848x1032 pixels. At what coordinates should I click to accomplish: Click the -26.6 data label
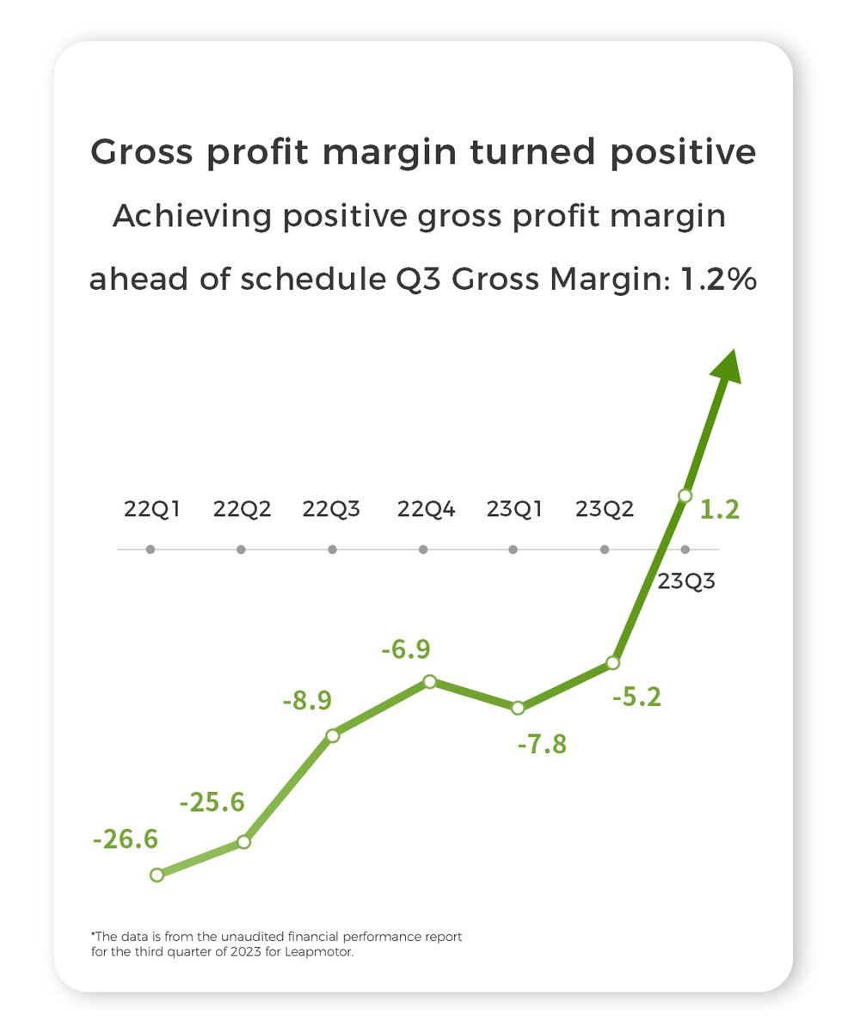coord(126,838)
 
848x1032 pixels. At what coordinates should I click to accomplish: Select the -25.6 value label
coord(212,802)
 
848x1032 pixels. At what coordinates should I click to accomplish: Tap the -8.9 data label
coord(307,701)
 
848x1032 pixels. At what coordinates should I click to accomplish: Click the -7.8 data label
coord(543,744)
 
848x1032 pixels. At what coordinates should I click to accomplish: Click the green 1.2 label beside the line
coord(720,510)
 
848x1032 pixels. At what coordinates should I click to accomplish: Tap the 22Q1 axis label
coord(152,509)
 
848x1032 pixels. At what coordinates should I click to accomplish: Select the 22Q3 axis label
coord(331,509)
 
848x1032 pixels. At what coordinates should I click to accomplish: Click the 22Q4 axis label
coord(426,509)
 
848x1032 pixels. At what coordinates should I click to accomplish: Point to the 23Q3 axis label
coord(687,580)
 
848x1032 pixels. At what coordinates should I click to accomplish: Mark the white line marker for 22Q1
coord(157,875)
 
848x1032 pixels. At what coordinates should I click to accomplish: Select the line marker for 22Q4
coord(430,681)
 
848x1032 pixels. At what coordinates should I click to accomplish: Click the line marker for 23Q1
coord(518,708)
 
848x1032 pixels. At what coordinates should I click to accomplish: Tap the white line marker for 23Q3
coord(685,495)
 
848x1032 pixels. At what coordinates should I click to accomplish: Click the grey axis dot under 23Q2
coord(605,550)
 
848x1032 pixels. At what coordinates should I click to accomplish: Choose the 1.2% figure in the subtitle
coord(718,280)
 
